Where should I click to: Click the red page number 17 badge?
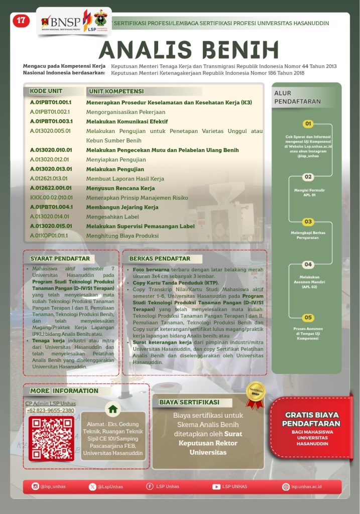point(21,21)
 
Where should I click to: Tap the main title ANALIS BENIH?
point(188,50)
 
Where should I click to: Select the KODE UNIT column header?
point(46,91)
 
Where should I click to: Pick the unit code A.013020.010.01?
point(51,150)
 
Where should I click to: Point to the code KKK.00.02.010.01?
point(51,198)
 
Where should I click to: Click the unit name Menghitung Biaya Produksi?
point(123,235)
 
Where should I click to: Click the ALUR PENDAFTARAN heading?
point(297,97)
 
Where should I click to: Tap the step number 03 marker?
point(308,221)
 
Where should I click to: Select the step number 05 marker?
point(308,317)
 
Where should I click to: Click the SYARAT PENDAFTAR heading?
point(60,259)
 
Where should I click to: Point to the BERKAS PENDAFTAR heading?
point(160,259)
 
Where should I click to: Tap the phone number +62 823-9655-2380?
point(50,411)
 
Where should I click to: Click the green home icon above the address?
point(113,409)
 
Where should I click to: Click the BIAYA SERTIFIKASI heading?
point(189,402)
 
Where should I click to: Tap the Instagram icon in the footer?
point(35,486)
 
